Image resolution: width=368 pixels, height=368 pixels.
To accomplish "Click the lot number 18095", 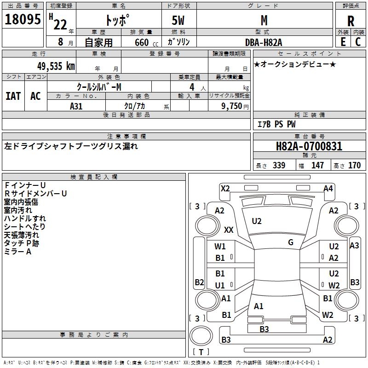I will (x=23, y=20).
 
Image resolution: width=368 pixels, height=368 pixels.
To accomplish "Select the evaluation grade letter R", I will (x=351, y=22).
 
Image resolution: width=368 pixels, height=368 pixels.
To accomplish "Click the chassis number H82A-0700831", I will (x=309, y=147).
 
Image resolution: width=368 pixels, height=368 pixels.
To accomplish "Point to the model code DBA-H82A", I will (x=264, y=42).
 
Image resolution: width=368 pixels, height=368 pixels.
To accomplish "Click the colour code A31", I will (x=76, y=105).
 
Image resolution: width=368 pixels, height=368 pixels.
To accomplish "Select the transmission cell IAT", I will (x=13, y=96).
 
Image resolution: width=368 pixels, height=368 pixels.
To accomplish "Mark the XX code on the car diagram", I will (x=228, y=230).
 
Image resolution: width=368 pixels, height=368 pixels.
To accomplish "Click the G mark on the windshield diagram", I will (x=291, y=242).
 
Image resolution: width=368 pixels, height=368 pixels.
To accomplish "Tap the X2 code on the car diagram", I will (x=225, y=188).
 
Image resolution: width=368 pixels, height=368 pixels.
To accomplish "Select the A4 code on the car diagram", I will (x=328, y=188).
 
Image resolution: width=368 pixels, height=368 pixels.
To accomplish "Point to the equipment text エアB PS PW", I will (x=276, y=124).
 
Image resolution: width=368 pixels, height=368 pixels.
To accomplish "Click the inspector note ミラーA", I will (x=17, y=252).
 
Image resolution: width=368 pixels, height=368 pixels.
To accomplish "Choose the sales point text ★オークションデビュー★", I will (x=295, y=64).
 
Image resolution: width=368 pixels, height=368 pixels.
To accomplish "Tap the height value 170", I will (x=355, y=166).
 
